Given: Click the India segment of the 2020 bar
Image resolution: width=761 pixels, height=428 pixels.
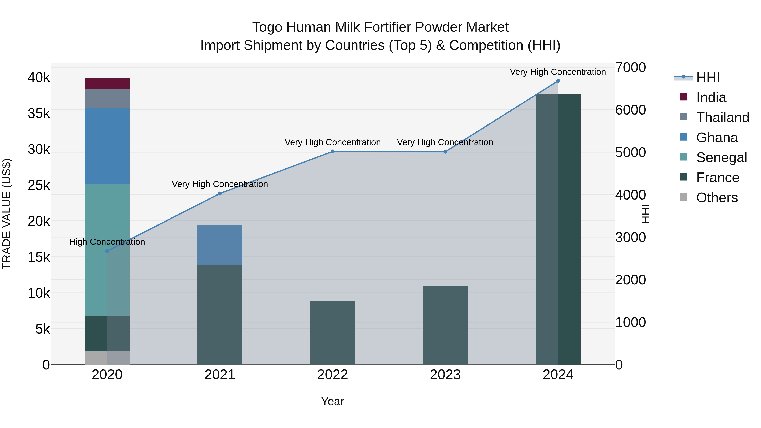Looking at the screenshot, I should tap(107, 84).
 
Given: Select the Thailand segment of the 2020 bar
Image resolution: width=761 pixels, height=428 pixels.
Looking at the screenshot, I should tap(107, 99).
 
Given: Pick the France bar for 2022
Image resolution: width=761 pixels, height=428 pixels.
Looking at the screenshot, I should tap(332, 333).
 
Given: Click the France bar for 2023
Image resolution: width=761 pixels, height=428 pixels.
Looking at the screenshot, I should tap(445, 325).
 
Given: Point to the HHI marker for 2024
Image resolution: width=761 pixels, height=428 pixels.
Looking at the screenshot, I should tap(558, 81).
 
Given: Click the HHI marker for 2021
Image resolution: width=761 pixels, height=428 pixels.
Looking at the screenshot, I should tap(220, 193).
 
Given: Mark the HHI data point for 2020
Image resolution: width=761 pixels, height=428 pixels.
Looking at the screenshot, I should tap(107, 251).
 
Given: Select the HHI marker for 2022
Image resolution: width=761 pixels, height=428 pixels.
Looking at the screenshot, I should tap(332, 152).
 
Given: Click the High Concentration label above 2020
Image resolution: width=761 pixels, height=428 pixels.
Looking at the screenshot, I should tap(107, 242).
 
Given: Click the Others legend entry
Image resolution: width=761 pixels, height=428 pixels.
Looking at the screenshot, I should tap(716, 198).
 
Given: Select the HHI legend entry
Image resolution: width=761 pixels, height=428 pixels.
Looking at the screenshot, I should tap(708, 77).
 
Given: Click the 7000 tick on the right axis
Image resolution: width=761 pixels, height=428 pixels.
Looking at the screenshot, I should tap(630, 67).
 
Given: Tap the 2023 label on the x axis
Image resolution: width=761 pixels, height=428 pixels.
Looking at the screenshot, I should tap(445, 375).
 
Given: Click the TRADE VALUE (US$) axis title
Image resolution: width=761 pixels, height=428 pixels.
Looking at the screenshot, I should tap(7, 214).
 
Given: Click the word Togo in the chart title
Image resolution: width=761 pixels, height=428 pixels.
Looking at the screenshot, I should tap(267, 27).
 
